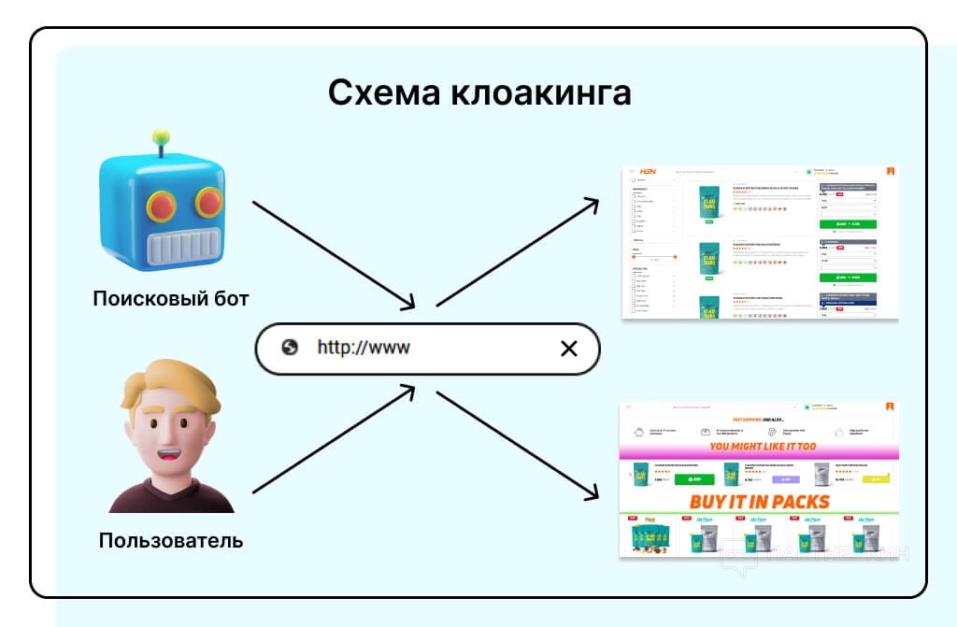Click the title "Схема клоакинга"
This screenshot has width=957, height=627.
coord(479,93)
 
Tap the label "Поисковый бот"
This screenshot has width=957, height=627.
coord(171,299)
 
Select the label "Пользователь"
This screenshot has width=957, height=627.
coord(171,541)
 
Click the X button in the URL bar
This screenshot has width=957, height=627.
coord(568,349)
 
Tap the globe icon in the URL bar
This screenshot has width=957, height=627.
coord(290,348)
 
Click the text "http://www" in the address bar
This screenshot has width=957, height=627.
coord(364,349)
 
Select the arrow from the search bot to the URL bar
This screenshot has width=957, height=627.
coord(332,252)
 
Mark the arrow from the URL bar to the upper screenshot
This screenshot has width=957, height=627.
coord(519,252)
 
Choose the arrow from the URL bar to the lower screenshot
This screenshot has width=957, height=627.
coord(519,444)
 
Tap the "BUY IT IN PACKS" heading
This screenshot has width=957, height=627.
coord(759,501)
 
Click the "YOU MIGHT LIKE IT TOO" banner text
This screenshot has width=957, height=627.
coord(762,447)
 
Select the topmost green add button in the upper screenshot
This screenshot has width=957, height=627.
coord(847,224)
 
